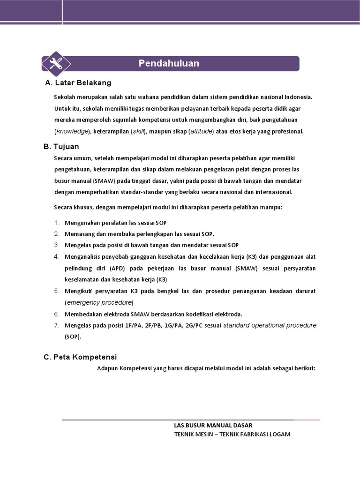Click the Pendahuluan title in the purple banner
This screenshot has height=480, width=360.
click(169, 63)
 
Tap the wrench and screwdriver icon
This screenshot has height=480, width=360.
click(56, 63)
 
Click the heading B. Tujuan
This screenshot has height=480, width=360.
click(61, 147)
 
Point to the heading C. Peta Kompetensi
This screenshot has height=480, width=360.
click(80, 357)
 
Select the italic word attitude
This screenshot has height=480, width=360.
click(201, 131)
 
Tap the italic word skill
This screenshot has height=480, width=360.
click(139, 131)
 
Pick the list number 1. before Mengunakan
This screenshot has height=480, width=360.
click(57, 223)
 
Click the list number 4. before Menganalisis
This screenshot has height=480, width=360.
click(57, 257)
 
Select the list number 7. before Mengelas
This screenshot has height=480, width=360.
click(57, 325)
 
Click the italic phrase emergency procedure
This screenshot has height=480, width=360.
click(99, 302)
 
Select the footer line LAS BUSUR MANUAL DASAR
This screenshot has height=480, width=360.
click(213, 425)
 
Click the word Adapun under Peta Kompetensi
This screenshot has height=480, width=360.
click(107, 368)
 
